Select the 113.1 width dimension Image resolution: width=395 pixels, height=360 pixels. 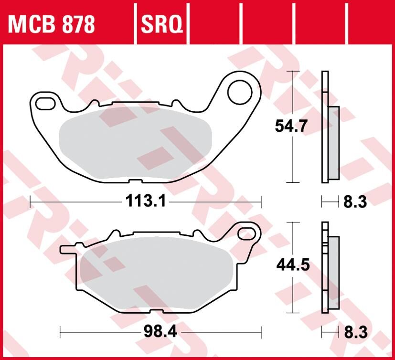coord(146,202)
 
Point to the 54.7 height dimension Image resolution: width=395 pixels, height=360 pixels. coord(291,127)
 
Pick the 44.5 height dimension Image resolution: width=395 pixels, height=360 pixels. coord(291,264)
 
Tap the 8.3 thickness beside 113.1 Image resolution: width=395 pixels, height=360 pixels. coord(355,202)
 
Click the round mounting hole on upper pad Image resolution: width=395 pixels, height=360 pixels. coord(239,93)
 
